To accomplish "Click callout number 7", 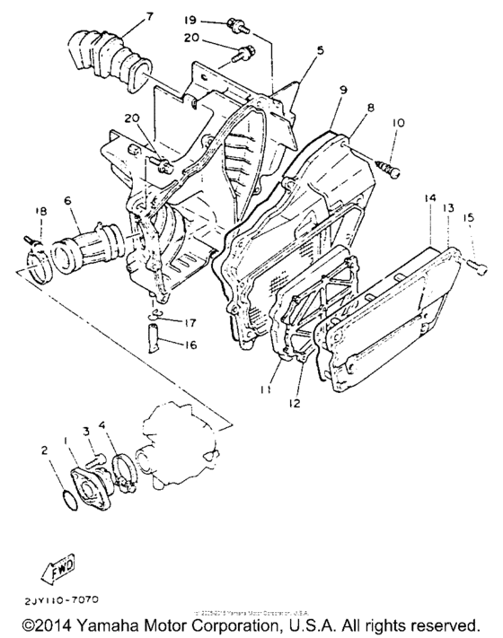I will click(149, 16).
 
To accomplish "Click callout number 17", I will click(190, 323).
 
